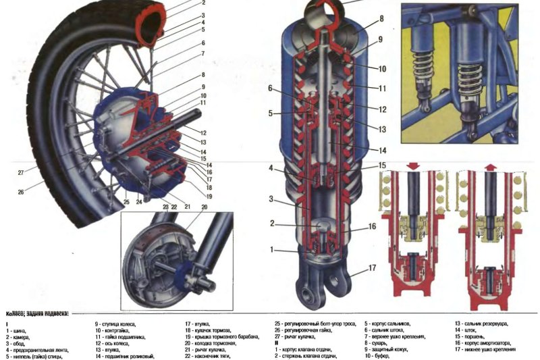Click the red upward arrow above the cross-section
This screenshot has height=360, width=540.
[x=489, y=165]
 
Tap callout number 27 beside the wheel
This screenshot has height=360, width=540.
[x=21, y=172]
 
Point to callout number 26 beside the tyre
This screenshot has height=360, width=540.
[x=21, y=192]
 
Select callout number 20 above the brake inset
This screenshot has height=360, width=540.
[x=204, y=207]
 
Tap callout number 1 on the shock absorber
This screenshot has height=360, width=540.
[x=273, y=250]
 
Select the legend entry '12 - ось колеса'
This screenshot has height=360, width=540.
[x=111, y=342]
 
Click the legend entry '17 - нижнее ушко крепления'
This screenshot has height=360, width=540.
[x=489, y=349]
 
